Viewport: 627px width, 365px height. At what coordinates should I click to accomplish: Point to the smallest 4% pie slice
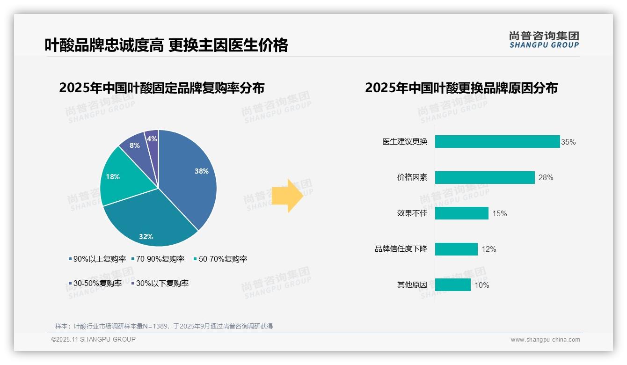coord(152,139)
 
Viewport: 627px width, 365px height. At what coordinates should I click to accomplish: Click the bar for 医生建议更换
coord(497,142)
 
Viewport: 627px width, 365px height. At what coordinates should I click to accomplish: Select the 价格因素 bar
coord(484,178)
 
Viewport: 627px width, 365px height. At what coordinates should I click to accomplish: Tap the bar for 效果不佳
coord(461,213)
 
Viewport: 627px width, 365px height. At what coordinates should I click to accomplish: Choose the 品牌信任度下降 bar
coord(456,249)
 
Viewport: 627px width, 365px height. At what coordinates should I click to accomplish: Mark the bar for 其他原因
coord(452,285)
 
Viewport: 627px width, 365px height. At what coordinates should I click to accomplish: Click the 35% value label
coord(569,142)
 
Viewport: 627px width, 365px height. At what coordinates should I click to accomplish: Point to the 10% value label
coord(482,285)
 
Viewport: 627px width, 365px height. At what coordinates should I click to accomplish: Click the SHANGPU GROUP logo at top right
coord(544,39)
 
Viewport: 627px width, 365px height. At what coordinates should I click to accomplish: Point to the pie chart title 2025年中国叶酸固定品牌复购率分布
coord(161,88)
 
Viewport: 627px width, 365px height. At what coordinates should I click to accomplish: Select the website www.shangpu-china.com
coord(545,340)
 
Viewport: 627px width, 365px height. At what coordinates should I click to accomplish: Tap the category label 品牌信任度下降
coord(401,249)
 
